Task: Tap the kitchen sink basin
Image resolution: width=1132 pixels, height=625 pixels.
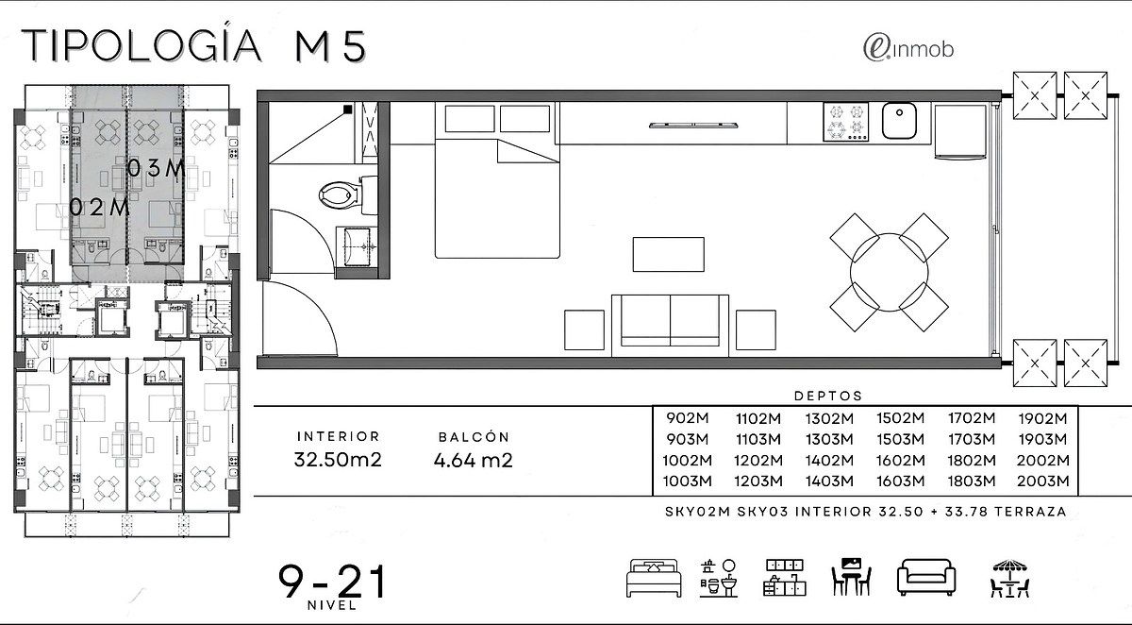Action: [899, 120]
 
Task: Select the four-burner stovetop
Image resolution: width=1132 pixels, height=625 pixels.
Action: [845, 122]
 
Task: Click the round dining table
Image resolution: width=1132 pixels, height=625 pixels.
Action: [889, 272]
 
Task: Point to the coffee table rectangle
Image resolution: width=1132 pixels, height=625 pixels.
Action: [668, 254]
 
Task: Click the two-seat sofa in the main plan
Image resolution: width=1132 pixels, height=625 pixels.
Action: [670, 326]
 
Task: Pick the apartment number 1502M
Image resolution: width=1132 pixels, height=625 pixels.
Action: [900, 418]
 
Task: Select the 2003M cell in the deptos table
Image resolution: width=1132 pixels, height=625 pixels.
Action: [1043, 481]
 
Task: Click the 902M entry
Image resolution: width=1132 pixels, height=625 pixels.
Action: [688, 418]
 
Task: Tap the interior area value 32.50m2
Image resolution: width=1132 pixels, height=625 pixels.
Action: [338, 460]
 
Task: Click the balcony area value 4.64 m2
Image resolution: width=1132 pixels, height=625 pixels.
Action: [473, 460]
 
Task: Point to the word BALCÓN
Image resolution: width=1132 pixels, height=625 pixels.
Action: [474, 437]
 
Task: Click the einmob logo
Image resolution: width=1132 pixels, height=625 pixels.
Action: [908, 49]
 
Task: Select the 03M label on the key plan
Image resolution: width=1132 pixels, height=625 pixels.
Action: [156, 168]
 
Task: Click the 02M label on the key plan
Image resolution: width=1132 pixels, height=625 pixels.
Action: [99, 208]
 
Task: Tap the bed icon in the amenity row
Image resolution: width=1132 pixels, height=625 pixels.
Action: [654, 578]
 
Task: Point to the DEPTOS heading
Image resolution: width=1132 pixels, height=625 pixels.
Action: [828, 396]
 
